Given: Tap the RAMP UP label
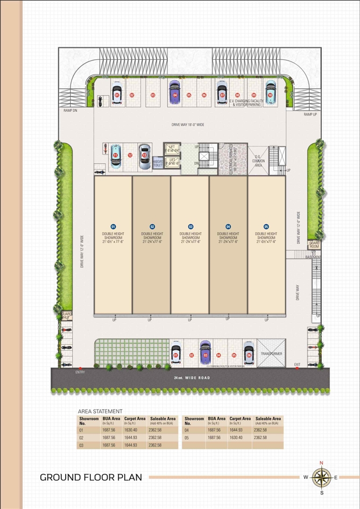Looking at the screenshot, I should click(310, 115).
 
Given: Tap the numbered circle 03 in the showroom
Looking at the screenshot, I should click(190, 227).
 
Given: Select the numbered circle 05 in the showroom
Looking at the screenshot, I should click(266, 227).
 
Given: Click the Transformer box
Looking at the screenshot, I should click(271, 354).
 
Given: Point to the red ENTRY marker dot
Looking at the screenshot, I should click(80, 368).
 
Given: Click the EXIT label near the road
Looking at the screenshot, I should click(297, 365).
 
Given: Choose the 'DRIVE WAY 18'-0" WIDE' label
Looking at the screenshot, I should click(188, 124).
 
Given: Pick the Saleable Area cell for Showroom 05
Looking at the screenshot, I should click(260, 437).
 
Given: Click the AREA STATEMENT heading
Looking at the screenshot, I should click(100, 411).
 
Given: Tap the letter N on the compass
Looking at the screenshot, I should click(321, 463).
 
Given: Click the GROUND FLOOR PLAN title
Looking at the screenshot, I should click(91, 477).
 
